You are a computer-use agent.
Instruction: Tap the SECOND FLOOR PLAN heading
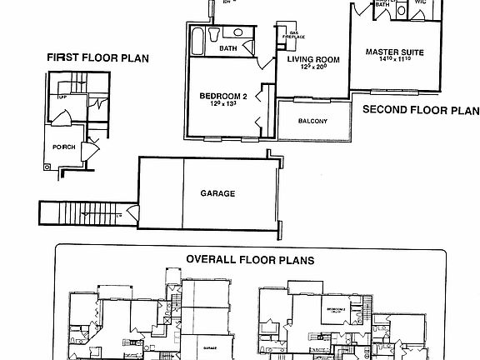pyautogui.click(x=421, y=109)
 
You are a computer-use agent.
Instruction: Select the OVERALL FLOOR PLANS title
pyautogui.click(x=250, y=259)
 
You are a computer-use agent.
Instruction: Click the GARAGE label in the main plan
pyautogui.click(x=217, y=193)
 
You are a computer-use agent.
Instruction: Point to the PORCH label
pyautogui.click(x=63, y=147)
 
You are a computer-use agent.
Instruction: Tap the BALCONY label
pyautogui.click(x=312, y=122)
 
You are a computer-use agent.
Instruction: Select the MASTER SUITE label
pyautogui.click(x=395, y=52)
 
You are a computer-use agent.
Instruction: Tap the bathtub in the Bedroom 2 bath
pyautogui.click(x=197, y=37)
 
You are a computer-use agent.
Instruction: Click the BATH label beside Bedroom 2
pyautogui.click(x=227, y=49)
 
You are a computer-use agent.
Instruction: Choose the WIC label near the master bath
pyautogui.click(x=419, y=4)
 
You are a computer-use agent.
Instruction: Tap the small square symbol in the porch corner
pyautogui.click(x=48, y=166)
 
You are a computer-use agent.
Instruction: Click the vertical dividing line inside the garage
pyautogui.click(x=182, y=193)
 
